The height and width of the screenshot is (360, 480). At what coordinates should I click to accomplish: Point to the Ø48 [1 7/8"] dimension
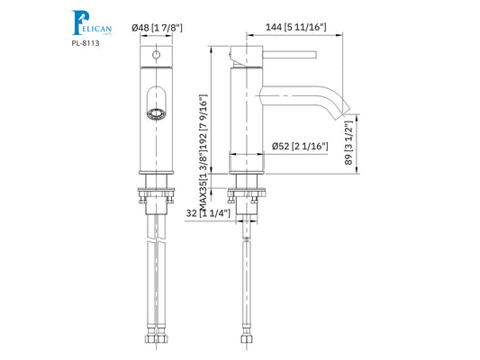click(x=158, y=29)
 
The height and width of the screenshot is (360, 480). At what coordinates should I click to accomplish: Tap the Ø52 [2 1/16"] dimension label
click(x=299, y=146)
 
